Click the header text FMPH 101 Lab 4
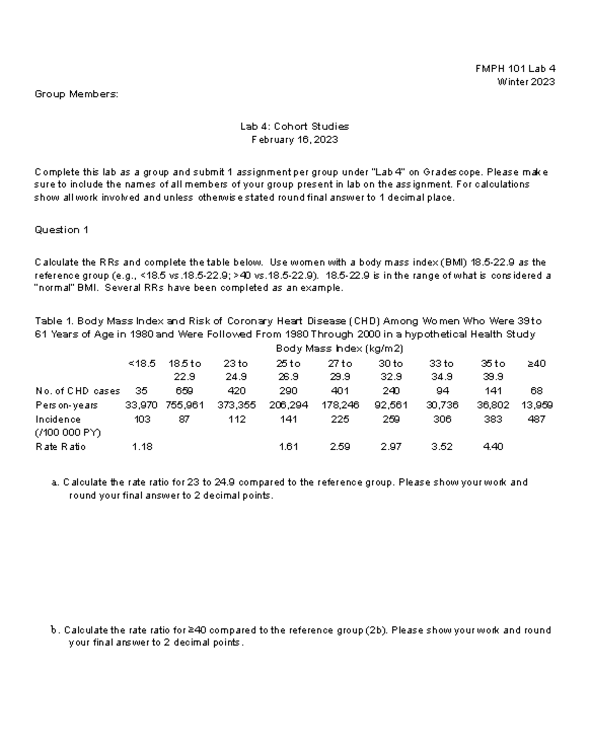tap(515, 69)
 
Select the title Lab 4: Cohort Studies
tap(295, 126)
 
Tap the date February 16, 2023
tap(295, 140)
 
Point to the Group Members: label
tap(76, 94)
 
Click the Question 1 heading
tap(61, 230)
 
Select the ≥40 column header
tap(536, 364)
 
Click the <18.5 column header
tap(142, 364)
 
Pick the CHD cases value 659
tap(184, 391)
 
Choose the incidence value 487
tap(536, 419)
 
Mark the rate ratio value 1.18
tap(142, 447)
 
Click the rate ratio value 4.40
tap(493, 447)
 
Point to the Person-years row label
tap(66, 405)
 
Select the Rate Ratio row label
tap(60, 447)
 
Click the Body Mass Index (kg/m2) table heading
tap(339, 348)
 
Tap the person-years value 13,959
tap(536, 405)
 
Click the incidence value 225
tap(340, 419)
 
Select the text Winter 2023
tap(526, 82)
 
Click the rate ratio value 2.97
tap(391, 447)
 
